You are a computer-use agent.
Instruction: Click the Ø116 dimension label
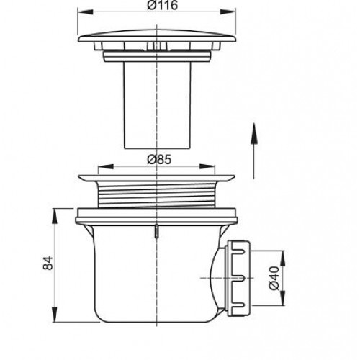[162, 5]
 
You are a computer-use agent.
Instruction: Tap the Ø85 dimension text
[159, 159]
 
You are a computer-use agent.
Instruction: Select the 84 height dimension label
[48, 263]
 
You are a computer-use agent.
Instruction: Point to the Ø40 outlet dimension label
[274, 278]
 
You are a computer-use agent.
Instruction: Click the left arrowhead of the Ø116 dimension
[85, 12]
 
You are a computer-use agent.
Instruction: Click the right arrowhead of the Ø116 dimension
[228, 12]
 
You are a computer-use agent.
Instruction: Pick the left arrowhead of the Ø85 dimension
[106, 166]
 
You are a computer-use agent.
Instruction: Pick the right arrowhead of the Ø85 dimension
[207, 166]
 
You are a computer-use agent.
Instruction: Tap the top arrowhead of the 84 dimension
[55, 216]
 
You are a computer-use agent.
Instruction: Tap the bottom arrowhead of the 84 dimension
[55, 314]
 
